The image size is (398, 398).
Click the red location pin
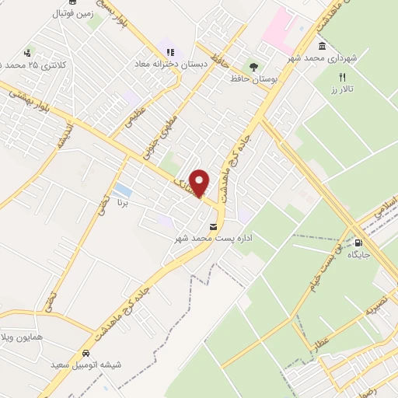(x=200, y=183)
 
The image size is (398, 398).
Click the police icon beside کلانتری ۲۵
(x=29, y=53)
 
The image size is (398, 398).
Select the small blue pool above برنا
(x=121, y=190)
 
